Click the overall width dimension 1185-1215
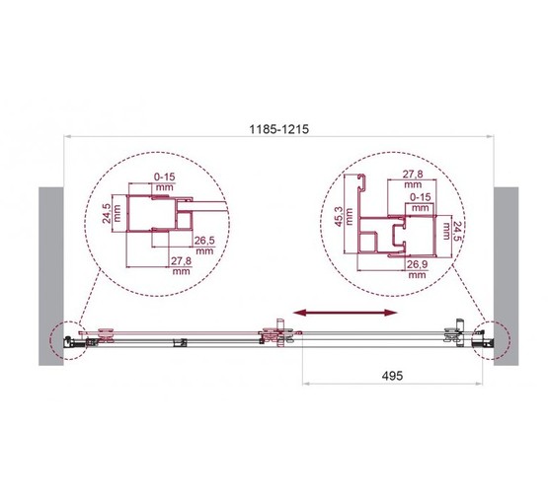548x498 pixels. coord(278,129)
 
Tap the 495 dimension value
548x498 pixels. coord(392,376)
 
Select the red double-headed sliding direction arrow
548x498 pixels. coord(346,313)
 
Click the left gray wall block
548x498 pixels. coord(51,276)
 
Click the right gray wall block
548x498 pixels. coord(507,276)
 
